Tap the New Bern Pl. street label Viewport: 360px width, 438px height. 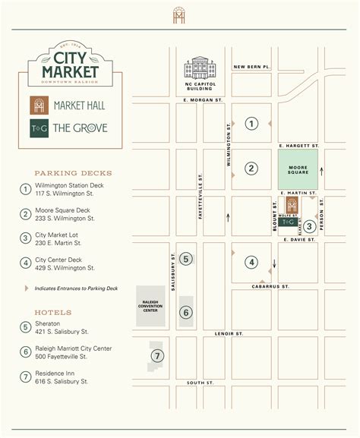252,67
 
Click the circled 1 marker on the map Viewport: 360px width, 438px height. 251,123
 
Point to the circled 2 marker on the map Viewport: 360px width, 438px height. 251,169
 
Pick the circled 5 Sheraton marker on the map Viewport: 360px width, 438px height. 187,259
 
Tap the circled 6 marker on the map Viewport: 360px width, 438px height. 186,311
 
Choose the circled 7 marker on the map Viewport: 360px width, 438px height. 157,355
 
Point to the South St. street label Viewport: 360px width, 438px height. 201,383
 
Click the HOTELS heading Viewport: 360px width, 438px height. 53,312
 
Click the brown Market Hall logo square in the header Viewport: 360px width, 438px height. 39,106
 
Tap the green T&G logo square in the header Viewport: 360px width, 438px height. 39,128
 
